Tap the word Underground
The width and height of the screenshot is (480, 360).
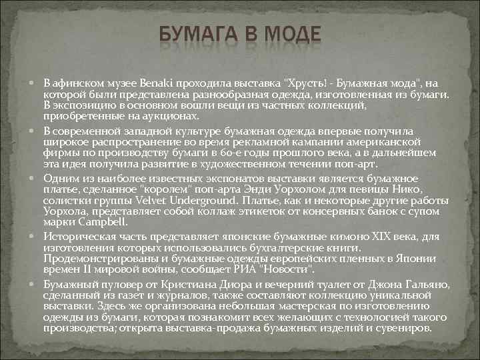coord(204,201)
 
